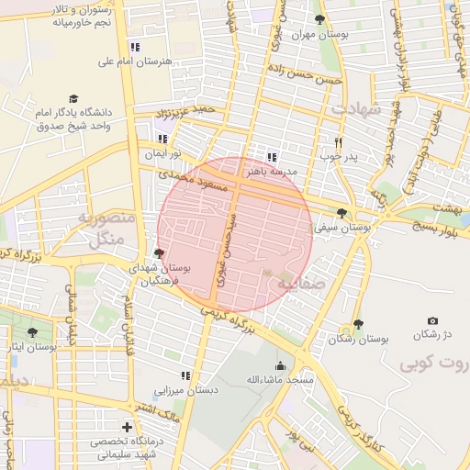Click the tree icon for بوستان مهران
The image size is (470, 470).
click(319, 19)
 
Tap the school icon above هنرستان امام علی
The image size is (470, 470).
click(135, 46)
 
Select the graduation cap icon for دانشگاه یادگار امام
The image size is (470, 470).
click(73, 98)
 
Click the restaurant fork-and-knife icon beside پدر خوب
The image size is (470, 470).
click(339, 142)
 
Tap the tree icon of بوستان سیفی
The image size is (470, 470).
click(341, 212)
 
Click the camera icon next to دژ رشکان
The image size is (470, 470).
click(432, 320)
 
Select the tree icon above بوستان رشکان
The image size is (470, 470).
click(358, 324)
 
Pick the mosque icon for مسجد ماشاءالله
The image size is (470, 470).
click(280, 365)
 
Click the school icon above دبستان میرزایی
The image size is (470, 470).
click(185, 375)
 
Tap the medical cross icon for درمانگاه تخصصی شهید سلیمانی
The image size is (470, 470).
click(126, 427)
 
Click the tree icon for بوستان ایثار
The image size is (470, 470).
click(33, 333)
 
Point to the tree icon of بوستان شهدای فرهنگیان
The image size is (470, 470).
click(160, 253)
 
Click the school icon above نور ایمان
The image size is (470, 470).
click(162, 139)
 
